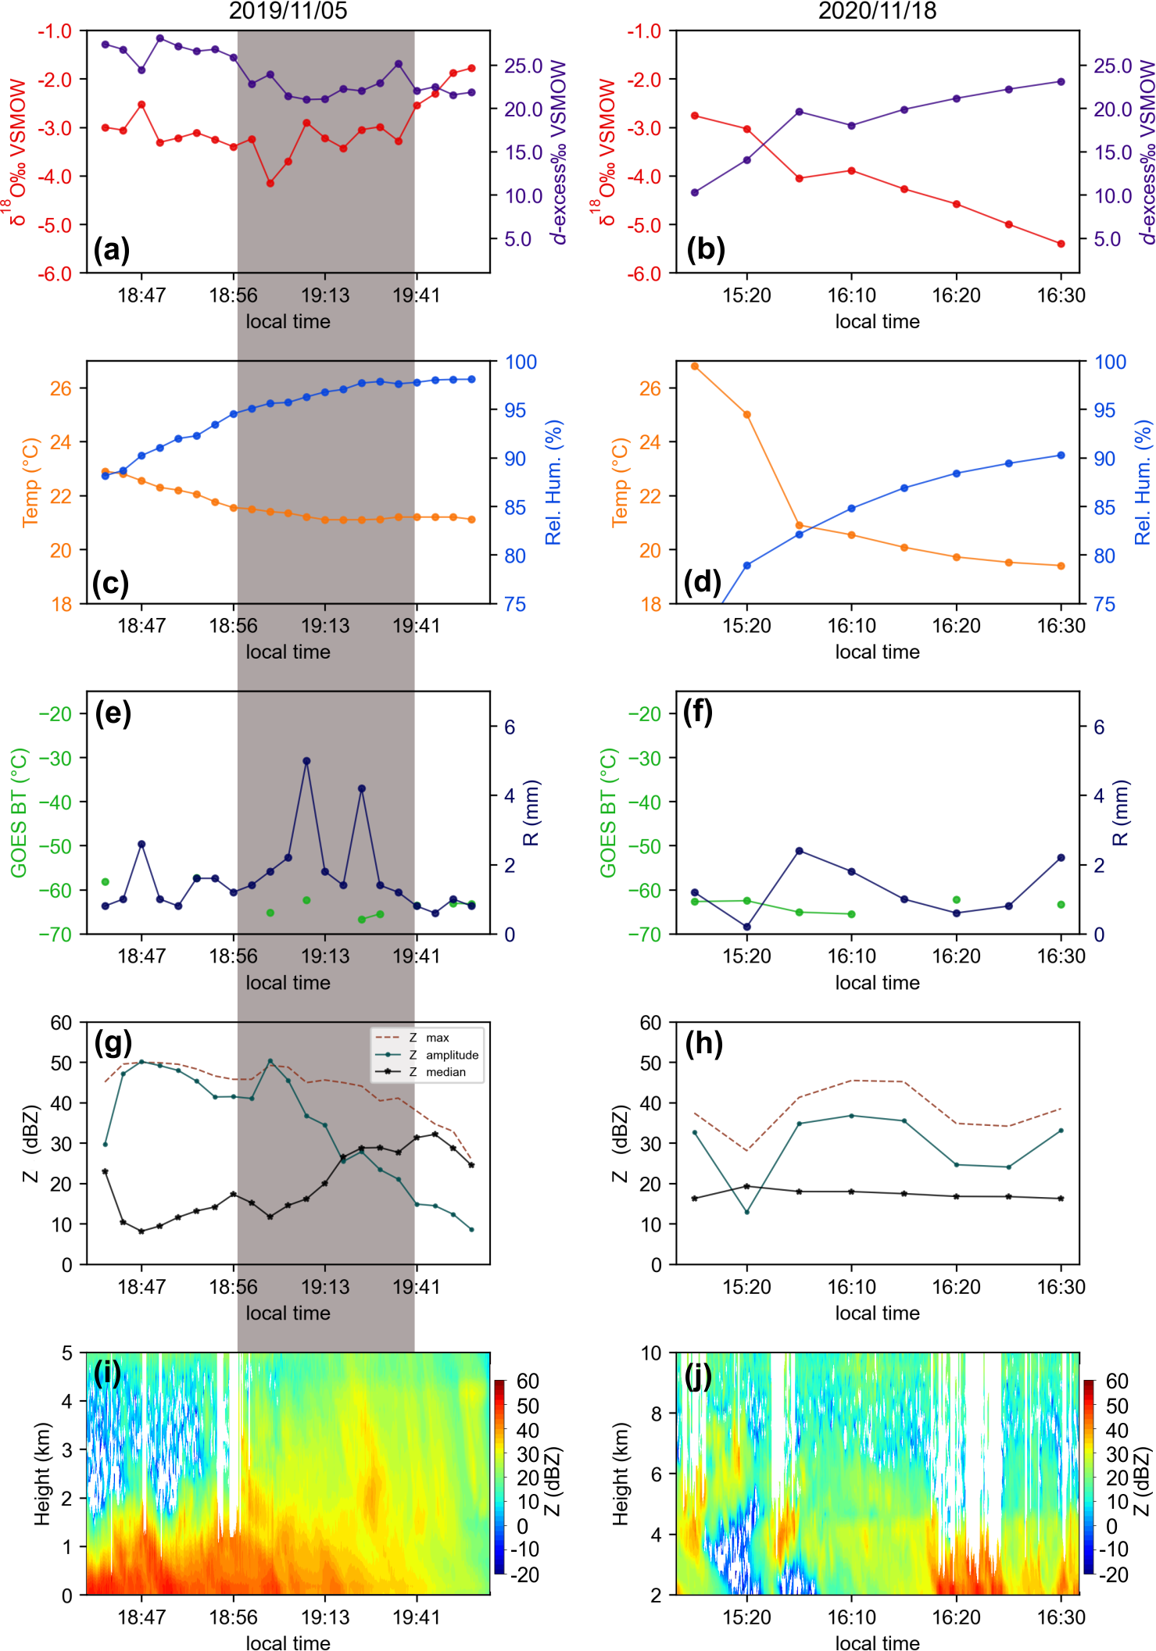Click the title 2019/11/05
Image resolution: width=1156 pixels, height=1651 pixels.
coord(288,11)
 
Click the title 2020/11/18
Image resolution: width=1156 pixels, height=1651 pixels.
coord(877,11)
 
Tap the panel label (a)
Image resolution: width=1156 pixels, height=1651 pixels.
coord(111,250)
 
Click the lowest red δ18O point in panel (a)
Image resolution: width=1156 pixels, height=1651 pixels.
coord(270,184)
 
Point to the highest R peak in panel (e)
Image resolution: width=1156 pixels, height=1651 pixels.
coord(306,760)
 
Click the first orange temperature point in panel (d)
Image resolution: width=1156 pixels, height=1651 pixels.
coord(695,366)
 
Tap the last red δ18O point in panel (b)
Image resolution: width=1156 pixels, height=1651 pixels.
coord(1061,244)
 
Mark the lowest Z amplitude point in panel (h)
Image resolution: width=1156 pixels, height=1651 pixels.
coord(747,1212)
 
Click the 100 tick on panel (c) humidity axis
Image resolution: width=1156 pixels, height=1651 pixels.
coord(521,362)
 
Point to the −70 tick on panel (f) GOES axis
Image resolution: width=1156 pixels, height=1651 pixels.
coord(645,934)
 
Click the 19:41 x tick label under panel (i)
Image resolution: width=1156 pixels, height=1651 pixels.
coord(416,1617)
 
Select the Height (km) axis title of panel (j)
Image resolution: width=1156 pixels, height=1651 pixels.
coord(621,1474)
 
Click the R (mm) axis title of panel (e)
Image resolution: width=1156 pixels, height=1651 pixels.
coord(531,813)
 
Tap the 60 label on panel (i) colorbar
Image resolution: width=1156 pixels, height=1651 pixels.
coord(528,1381)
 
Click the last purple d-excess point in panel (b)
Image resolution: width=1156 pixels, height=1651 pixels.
coord(1061,81)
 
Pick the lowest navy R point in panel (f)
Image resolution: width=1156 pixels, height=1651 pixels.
coord(747,927)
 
